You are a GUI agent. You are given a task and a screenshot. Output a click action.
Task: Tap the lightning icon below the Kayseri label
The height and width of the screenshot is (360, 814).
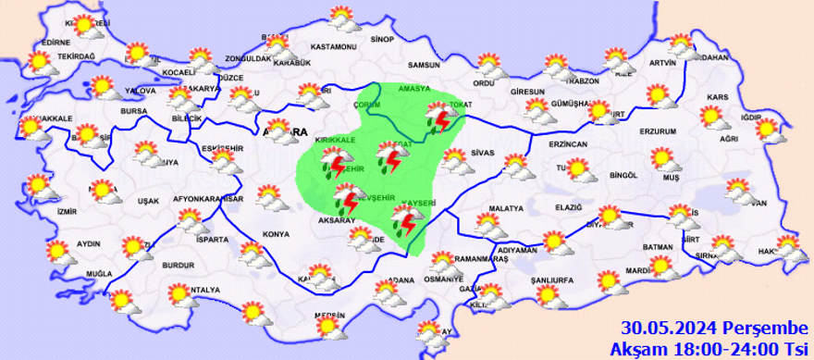[x=403, y=223]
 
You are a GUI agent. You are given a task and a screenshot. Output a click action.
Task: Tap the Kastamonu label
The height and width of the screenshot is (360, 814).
[x=333, y=46]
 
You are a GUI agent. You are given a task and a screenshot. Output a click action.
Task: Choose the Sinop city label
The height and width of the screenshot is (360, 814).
[x=382, y=40]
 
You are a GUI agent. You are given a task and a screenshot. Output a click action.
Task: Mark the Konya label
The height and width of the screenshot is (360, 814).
[x=275, y=234]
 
